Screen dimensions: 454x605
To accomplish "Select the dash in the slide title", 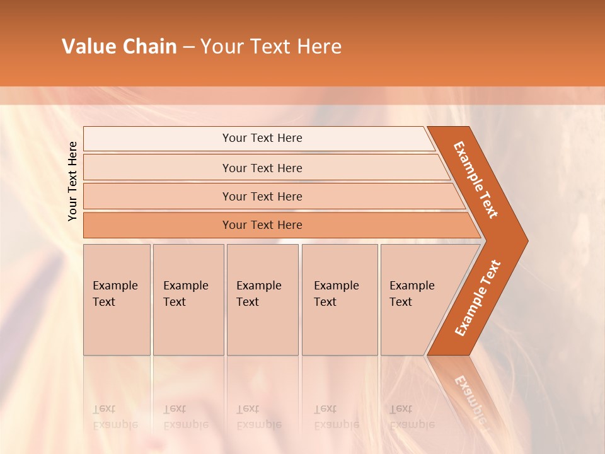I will tap(188, 47).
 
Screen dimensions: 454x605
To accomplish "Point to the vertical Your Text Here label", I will tap(72, 181).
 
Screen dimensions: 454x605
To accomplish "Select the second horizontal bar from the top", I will tap(262, 168).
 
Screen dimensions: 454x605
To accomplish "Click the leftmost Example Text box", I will tap(117, 300).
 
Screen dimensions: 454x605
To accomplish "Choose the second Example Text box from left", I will tap(188, 300).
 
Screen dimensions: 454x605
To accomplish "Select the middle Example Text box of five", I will tap(262, 300).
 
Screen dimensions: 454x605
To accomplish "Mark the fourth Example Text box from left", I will tap(340, 300).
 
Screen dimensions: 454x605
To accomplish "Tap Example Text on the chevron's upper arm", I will tap(476, 180).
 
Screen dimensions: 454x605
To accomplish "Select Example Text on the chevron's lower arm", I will tap(478, 298).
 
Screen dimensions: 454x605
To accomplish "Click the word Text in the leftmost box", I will tap(104, 302).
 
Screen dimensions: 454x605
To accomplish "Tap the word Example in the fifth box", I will tap(412, 286).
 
